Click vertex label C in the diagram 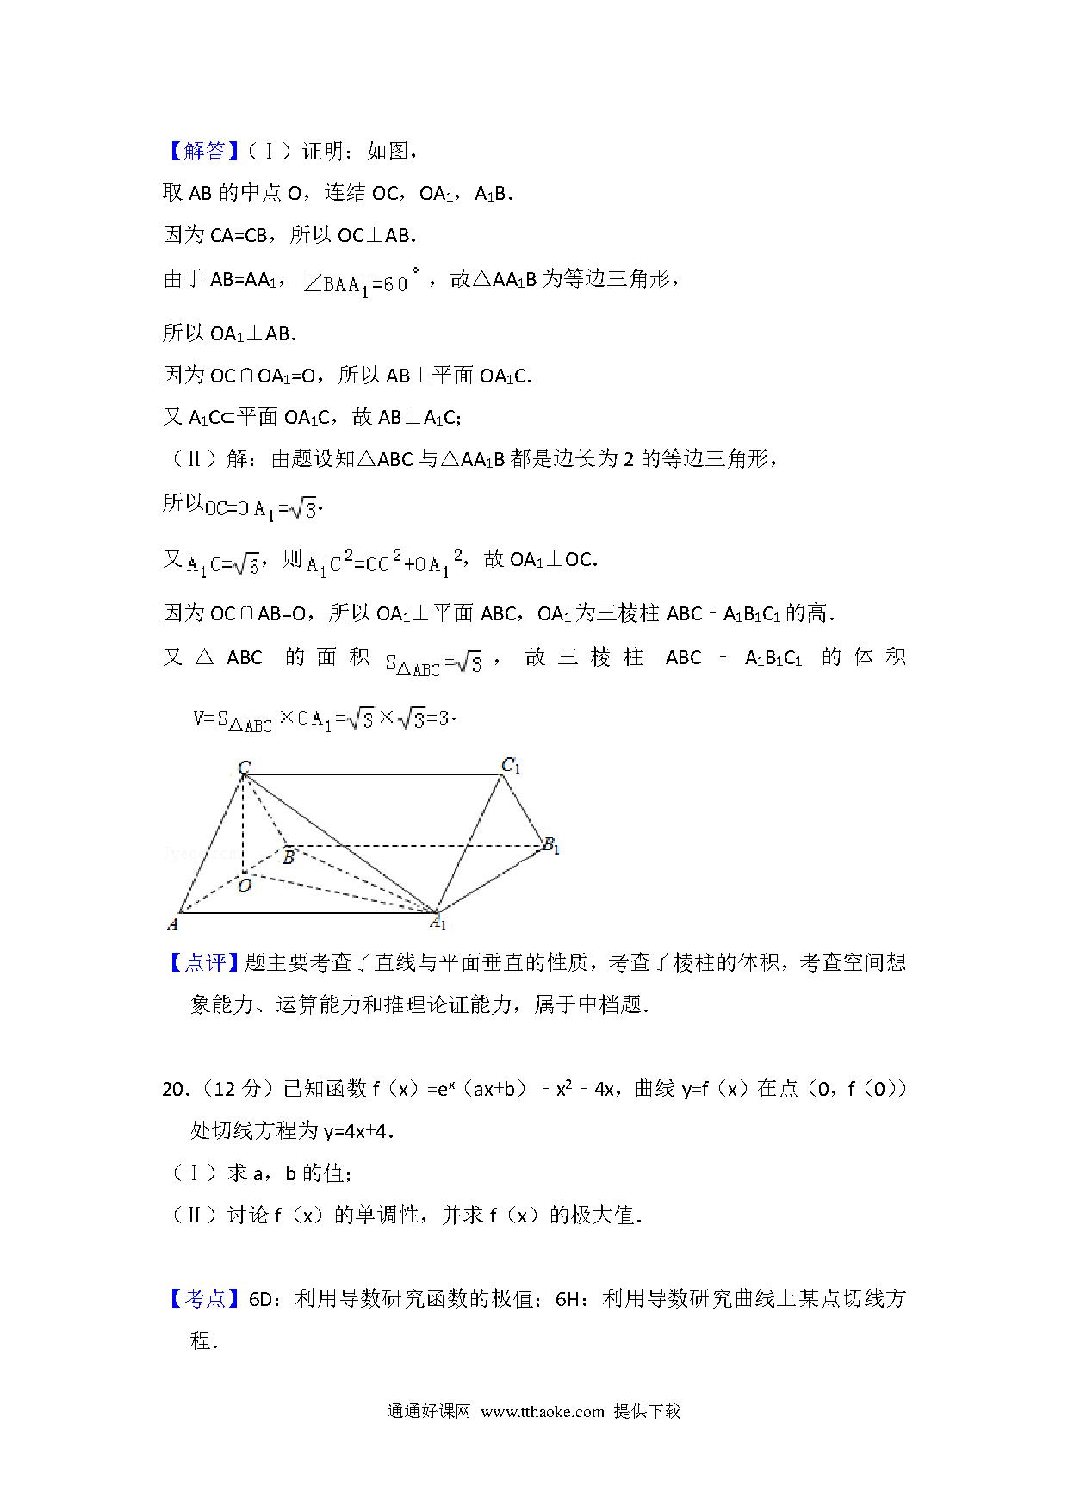(244, 767)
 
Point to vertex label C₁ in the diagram (512, 764)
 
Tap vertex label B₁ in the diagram (550, 847)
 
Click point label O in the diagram (245, 886)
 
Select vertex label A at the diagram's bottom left (172, 924)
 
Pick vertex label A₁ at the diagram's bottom (438, 923)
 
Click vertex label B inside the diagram (289, 857)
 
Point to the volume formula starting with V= (324, 718)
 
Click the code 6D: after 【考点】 (263, 1299)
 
